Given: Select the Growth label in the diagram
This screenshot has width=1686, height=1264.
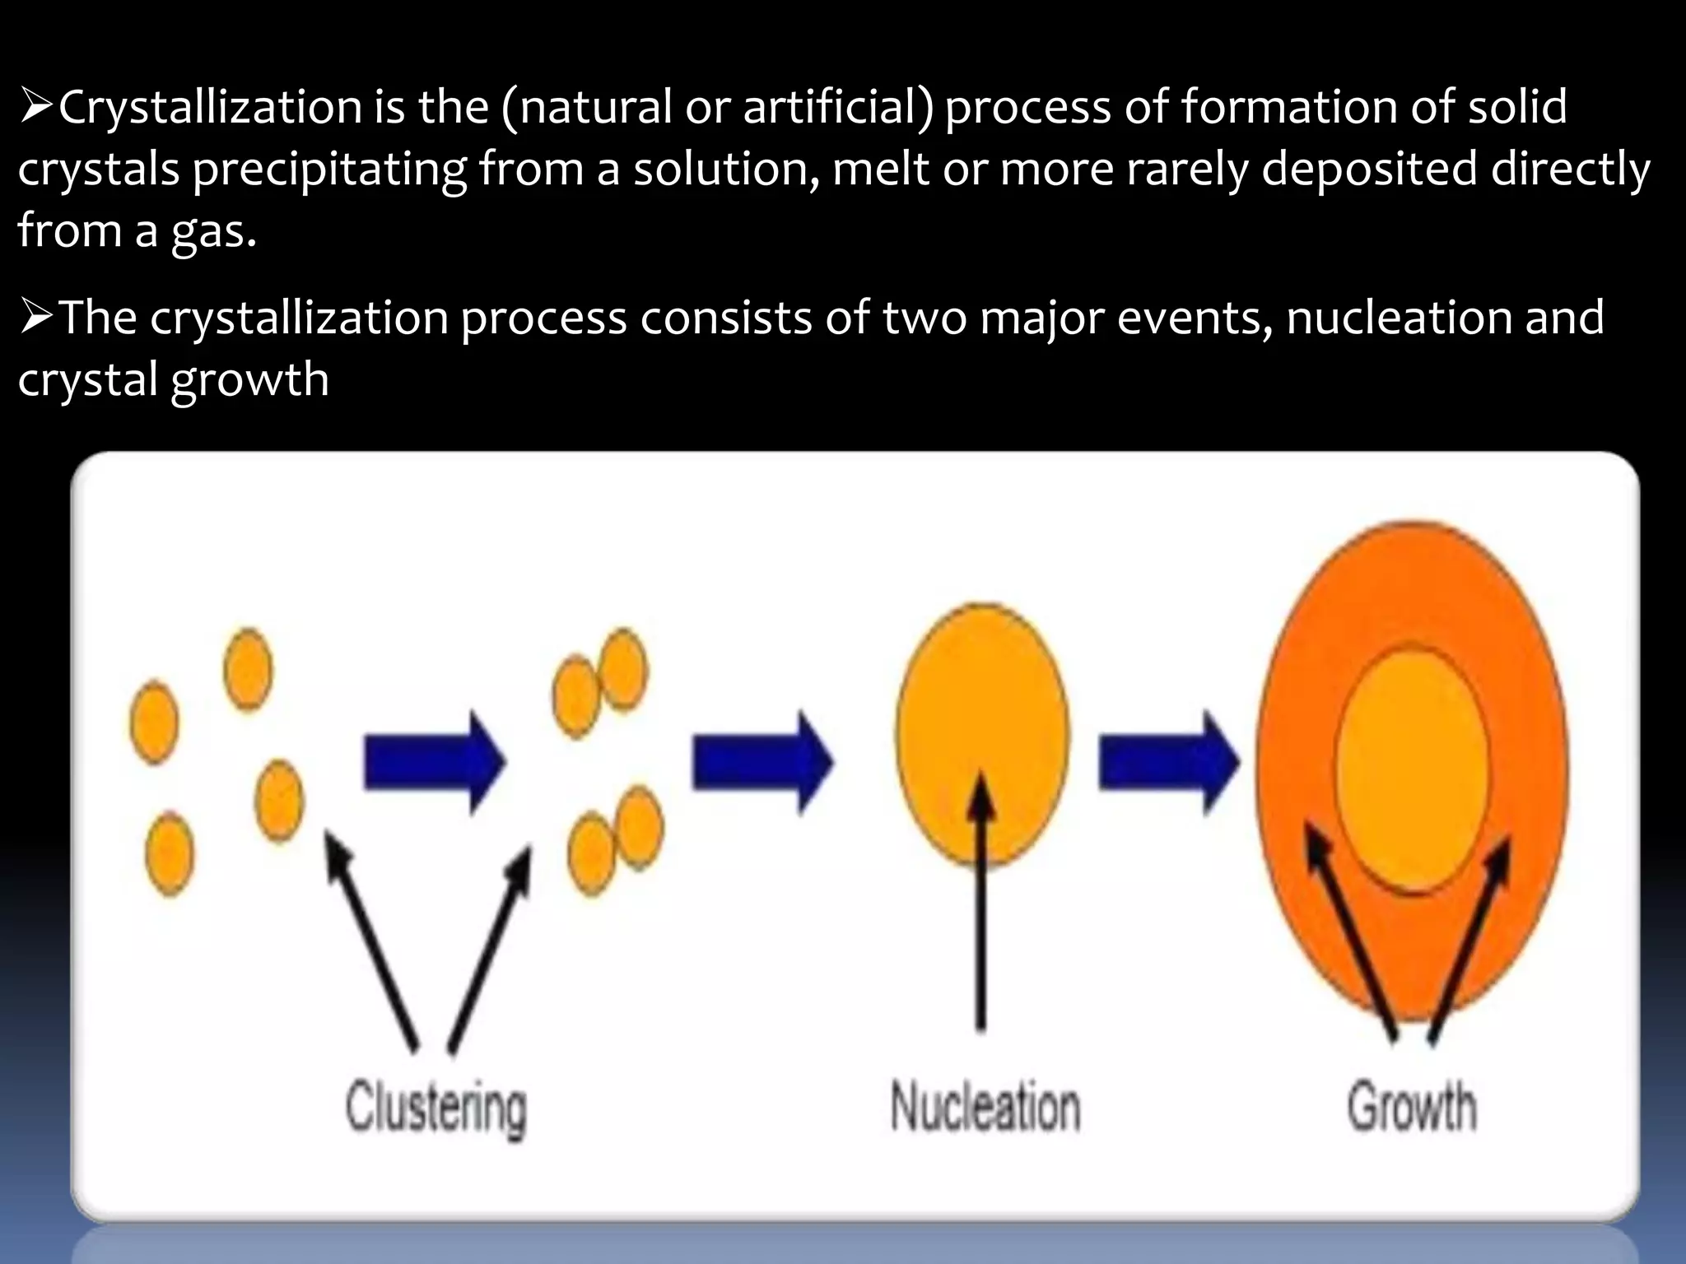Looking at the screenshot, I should pyautogui.click(x=1411, y=1107).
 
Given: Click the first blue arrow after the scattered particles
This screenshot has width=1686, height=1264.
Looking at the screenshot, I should pyautogui.click(x=434, y=762).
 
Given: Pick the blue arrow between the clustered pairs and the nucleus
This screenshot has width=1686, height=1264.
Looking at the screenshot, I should pyautogui.click(x=761, y=762).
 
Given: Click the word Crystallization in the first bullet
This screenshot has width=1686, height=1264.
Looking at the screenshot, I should pyautogui.click(x=210, y=108).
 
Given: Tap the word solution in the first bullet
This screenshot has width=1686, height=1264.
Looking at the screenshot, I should pyautogui.click(x=725, y=169).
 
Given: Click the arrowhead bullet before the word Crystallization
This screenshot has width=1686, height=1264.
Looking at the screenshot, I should pyautogui.click(x=37, y=108).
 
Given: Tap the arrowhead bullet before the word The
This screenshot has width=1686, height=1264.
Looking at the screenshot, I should pyautogui.click(x=37, y=318).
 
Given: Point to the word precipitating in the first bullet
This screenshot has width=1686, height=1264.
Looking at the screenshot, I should pyautogui.click(x=329, y=170).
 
